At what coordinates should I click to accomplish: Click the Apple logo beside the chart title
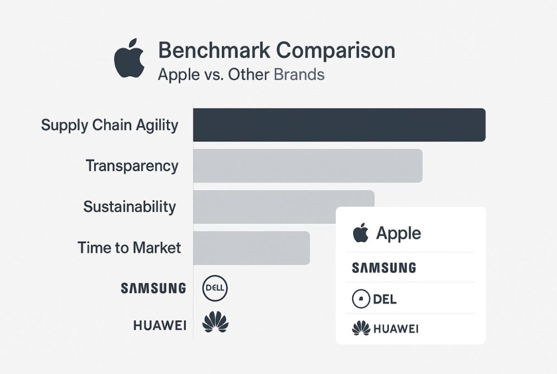tap(129, 58)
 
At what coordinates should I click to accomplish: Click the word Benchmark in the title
tap(214, 51)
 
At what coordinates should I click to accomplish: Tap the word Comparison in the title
tap(336, 52)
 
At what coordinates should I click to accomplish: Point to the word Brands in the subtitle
tap(299, 74)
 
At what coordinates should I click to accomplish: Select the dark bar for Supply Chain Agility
tap(339, 125)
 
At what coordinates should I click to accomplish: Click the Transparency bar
tap(308, 166)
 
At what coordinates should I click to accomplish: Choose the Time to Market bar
tap(252, 248)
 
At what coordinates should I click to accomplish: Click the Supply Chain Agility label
tap(110, 125)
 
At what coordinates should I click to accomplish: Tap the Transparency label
tap(132, 166)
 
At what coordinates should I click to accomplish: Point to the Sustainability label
tap(130, 207)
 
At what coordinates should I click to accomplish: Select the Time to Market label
tap(129, 248)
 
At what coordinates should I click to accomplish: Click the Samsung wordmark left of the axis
tap(154, 288)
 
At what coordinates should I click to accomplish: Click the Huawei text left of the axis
tap(160, 325)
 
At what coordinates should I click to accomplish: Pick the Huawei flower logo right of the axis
tap(215, 322)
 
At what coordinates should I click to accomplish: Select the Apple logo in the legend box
tap(361, 233)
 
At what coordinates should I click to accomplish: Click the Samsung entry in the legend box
tap(384, 268)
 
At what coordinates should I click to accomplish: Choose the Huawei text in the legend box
tap(396, 329)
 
